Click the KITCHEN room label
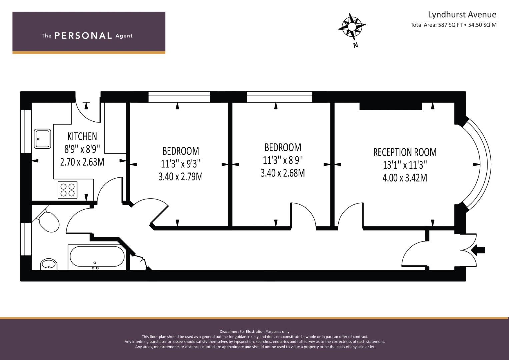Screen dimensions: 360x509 pos(82,136)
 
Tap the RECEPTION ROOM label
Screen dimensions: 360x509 pos(405,152)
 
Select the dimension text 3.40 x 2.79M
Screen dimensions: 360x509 pos(180,177)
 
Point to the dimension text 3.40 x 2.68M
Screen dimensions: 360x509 pos(283,173)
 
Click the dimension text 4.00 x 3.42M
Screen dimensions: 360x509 pos(405,178)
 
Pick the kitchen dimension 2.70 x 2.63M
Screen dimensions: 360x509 pos(82,162)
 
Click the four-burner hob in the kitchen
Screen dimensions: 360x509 pos(68,190)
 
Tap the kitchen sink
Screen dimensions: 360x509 pos(43,139)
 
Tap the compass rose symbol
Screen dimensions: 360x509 pos(352,26)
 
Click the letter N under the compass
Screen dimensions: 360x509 pos(355,45)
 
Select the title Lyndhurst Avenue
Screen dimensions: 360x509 pos(462,15)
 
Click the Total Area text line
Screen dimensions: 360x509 pos(453,25)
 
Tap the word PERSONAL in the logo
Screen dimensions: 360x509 pos(83,36)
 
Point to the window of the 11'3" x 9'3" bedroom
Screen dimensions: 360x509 pos(179,97)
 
